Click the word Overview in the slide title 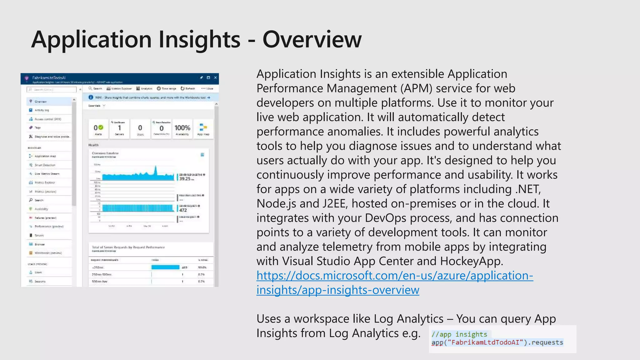coord(312,40)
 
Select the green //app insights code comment coord(459,334)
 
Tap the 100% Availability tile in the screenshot coord(182,129)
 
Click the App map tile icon coord(203,127)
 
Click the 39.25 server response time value coord(185,179)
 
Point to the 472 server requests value coord(183,210)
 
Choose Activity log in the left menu coord(42,110)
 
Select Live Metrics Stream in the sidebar coord(47,174)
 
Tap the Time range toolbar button coord(167,89)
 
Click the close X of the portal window coord(215,77)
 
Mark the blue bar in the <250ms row coord(165,267)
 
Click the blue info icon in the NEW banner coord(91,97)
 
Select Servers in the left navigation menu coord(39,235)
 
